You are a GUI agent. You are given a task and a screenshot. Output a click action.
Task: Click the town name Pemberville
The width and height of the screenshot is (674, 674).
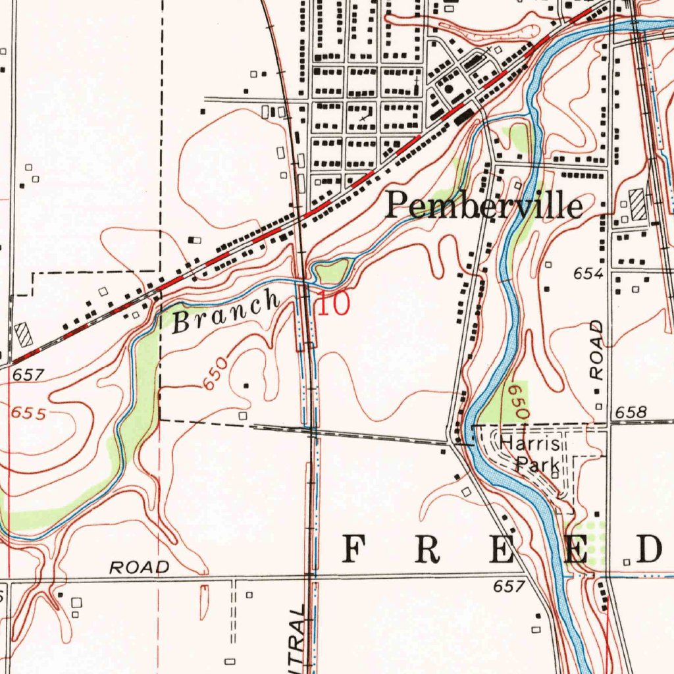coord(484,206)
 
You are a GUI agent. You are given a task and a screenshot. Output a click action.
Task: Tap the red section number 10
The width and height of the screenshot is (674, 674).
coord(334,305)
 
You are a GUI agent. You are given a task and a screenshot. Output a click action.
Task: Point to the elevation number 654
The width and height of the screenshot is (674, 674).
coord(588,274)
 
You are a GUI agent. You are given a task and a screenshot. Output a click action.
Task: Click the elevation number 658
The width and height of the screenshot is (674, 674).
coord(631,413)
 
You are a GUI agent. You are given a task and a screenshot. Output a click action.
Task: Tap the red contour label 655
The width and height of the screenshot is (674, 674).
coord(28,413)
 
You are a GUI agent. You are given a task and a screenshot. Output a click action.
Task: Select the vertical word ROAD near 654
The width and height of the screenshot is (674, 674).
coord(596,349)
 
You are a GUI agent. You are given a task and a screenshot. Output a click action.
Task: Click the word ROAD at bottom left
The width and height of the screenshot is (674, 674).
coord(139,567)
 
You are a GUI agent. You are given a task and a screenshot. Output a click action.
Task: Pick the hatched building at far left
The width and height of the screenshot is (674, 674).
coord(24,334)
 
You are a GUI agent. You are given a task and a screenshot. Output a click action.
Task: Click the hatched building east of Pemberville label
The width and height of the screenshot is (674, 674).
coord(637,204)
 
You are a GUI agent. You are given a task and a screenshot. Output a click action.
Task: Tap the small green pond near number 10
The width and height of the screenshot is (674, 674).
coord(332,271)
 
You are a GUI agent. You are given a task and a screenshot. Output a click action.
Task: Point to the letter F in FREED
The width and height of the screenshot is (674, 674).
coord(355,549)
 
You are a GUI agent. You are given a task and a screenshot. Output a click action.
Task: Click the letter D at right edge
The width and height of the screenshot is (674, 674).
coord(648,549)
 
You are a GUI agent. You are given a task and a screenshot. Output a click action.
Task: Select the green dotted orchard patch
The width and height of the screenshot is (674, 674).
coord(588,543)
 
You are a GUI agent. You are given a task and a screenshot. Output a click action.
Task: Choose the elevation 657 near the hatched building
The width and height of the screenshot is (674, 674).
coord(28,375)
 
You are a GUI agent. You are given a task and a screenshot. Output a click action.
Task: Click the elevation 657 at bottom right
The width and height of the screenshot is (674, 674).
coord(509,585)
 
